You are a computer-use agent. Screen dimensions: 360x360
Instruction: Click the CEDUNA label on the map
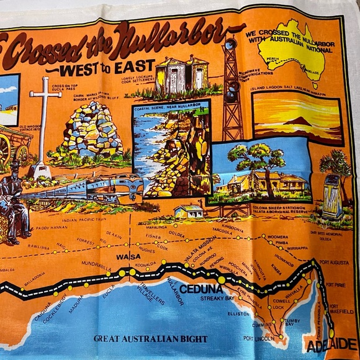pos(201,289)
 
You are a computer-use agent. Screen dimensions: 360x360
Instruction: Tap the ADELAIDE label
pos(331,344)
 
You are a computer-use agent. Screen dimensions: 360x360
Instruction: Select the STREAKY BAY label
pos(217,299)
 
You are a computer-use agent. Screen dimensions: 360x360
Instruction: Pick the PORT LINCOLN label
pos(258,338)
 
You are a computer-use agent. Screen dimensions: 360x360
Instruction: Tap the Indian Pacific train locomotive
pos(119,187)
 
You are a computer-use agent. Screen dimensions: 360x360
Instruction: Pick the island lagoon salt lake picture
pos(297,117)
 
